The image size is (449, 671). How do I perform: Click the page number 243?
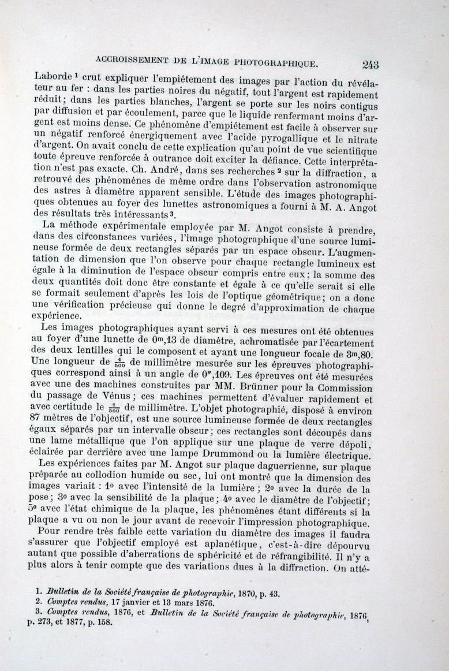pos(370,64)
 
